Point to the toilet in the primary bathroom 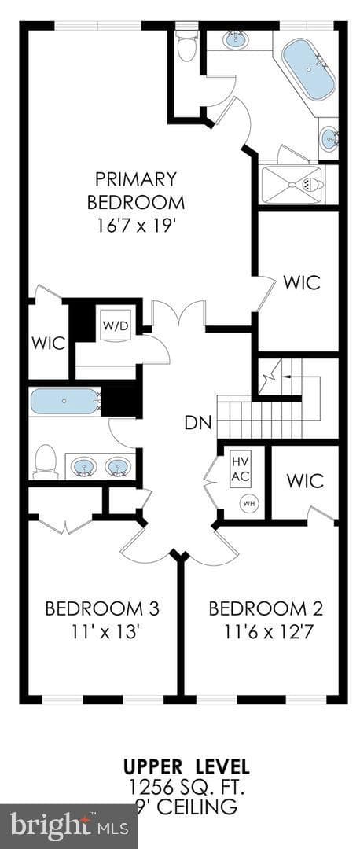(187, 46)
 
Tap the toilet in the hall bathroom (46, 461)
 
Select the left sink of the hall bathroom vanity (84, 465)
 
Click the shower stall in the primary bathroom (292, 185)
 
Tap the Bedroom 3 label (101, 608)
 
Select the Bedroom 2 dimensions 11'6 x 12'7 (266, 630)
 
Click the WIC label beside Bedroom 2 (305, 481)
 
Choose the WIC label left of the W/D (48, 343)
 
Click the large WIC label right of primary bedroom (302, 282)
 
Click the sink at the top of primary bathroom (234, 39)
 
